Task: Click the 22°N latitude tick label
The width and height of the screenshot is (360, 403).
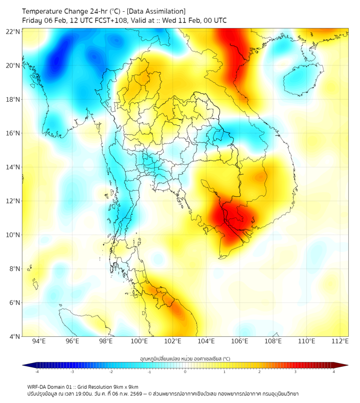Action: pos(13,31)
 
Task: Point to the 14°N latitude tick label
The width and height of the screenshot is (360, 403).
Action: pos(13,167)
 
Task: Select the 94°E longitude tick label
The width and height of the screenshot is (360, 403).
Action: pos(39,341)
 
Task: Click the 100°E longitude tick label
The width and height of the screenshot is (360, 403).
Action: pos(140,341)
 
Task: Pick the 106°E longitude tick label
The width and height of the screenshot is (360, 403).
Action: pos(240,341)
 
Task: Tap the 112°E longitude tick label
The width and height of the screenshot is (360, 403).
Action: pos(340,341)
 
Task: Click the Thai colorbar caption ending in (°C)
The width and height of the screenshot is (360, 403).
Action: pos(185,359)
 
